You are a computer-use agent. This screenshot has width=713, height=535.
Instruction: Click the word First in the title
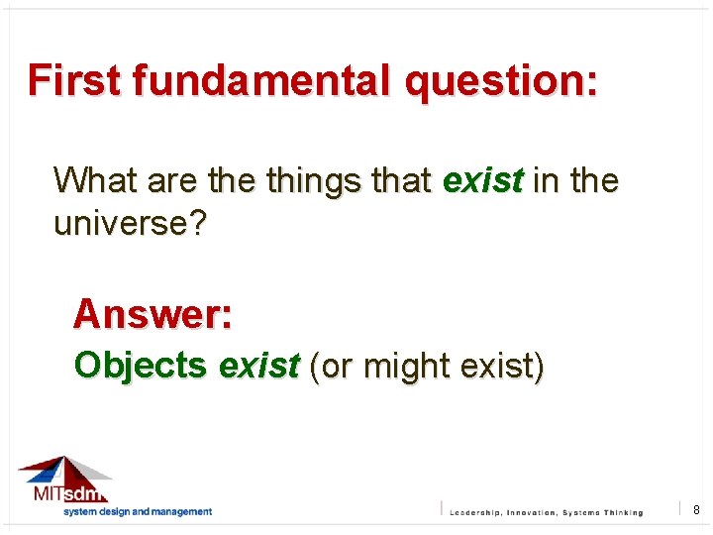[73, 79]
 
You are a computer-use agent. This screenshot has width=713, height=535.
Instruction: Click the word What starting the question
[96, 180]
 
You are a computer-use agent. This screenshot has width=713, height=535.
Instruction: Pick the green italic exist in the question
[483, 180]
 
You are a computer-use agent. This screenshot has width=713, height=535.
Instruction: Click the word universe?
[131, 224]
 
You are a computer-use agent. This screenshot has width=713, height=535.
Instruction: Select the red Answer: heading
[153, 314]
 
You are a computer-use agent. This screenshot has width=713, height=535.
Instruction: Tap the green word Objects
[140, 366]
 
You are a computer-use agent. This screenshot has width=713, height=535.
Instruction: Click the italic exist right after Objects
[258, 366]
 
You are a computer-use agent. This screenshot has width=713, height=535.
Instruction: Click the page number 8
[696, 509]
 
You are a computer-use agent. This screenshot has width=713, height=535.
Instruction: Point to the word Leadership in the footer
[482, 512]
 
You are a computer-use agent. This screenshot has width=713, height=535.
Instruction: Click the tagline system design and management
[138, 511]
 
